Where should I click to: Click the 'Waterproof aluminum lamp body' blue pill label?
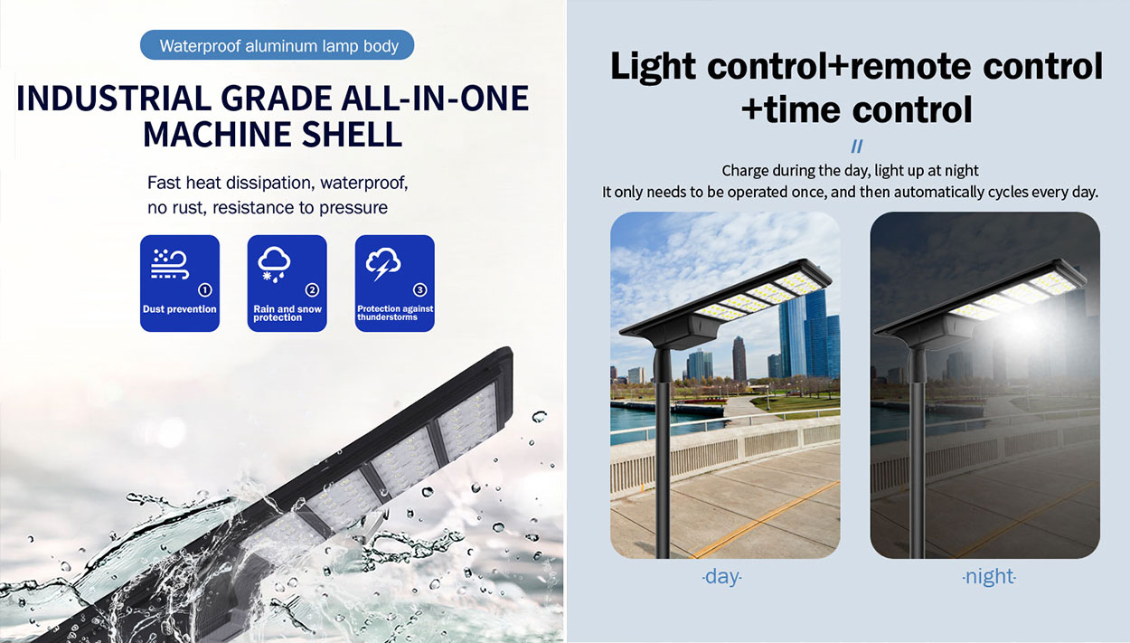[x=277, y=45]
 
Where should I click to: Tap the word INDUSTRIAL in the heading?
[x=114, y=98]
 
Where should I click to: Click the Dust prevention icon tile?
[x=180, y=283]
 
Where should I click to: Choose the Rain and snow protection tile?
[x=287, y=283]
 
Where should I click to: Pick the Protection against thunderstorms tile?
[x=394, y=283]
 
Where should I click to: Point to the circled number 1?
[x=205, y=289]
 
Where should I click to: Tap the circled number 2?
[x=312, y=289]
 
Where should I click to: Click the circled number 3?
[x=419, y=289]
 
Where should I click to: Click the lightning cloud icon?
[x=383, y=263]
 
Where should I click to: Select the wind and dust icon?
[x=170, y=264]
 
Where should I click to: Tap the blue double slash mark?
[x=857, y=147]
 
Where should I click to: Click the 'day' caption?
[x=722, y=576]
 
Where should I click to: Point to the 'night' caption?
[x=989, y=576]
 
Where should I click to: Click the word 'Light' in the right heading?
[x=654, y=67]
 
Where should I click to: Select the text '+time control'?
[x=857, y=109]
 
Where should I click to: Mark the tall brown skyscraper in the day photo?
[x=739, y=359]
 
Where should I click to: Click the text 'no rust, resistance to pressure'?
[x=268, y=207]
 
